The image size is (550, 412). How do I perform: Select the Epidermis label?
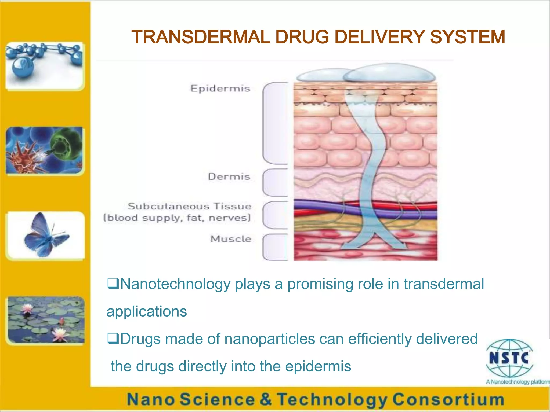[x=220, y=89]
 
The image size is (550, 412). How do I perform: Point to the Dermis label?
[x=229, y=177]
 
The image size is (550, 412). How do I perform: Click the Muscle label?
[x=231, y=239]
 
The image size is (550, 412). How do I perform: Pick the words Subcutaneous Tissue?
[x=189, y=206]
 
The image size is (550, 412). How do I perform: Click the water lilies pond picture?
[x=46, y=320]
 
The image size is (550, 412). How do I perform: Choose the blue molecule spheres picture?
[x=44, y=66]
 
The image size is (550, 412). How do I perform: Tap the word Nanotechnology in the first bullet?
[x=175, y=284]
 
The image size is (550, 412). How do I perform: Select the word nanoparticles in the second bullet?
[x=270, y=339]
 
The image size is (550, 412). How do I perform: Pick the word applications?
[x=147, y=311]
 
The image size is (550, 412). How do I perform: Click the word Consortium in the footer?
[x=448, y=399]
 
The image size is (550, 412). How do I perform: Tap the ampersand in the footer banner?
[x=266, y=399]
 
